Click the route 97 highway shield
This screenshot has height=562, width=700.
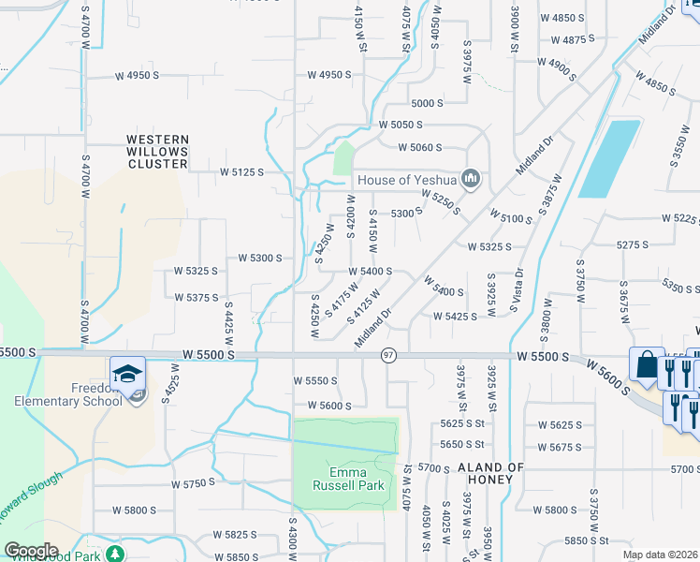388,356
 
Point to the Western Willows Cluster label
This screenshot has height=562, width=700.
157,152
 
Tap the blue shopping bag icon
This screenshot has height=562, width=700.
647,364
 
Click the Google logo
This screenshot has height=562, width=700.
31,551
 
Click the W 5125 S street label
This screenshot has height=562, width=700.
241,172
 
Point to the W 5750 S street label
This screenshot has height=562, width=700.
193,484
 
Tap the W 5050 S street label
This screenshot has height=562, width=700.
401,125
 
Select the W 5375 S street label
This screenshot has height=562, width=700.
196,297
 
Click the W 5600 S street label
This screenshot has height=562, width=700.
322,406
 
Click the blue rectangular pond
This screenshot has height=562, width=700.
608,157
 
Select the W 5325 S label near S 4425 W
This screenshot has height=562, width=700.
196,271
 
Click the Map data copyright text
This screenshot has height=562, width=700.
660,555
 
